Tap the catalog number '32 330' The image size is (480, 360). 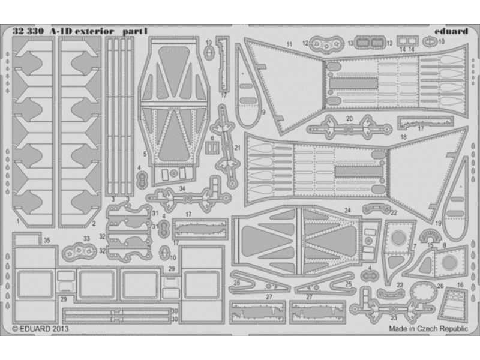click(28, 31)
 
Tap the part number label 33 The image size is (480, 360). click(87, 239)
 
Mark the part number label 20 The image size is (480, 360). click(349, 118)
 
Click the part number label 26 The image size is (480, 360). click(440, 286)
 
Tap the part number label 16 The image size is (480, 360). click(460, 286)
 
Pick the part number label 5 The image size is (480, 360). click(145, 154)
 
